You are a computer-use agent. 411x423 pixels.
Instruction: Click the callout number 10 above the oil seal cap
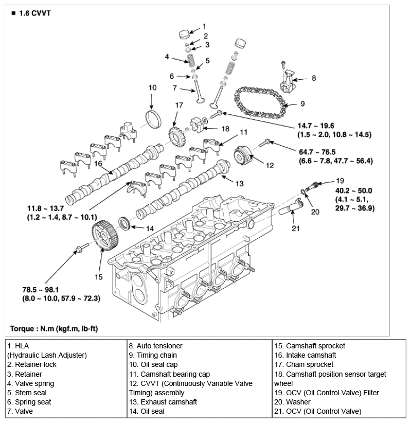click(x=152, y=87)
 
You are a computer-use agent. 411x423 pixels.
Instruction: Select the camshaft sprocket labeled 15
click(x=105, y=236)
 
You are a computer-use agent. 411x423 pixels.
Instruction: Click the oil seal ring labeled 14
click(x=124, y=223)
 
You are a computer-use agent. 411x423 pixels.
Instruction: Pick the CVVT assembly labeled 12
click(x=243, y=155)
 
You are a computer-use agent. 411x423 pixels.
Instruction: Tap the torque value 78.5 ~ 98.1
click(x=40, y=290)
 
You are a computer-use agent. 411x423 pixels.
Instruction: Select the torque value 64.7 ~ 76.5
click(x=317, y=152)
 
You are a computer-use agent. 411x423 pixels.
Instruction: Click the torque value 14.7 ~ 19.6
click(x=316, y=126)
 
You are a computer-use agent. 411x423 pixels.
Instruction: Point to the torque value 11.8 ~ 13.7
click(x=46, y=208)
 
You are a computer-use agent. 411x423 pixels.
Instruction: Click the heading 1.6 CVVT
click(x=35, y=13)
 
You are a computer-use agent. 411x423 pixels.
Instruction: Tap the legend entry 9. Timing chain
click(x=153, y=355)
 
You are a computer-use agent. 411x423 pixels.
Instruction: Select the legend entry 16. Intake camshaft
click(x=305, y=355)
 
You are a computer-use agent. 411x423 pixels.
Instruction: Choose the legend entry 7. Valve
click(x=20, y=411)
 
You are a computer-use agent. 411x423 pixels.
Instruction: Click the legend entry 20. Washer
click(x=292, y=402)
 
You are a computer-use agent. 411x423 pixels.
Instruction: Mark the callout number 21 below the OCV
click(x=296, y=228)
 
